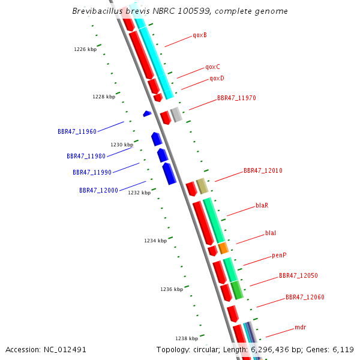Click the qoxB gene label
[200, 35]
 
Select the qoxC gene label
[212, 67]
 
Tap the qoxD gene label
[217, 79]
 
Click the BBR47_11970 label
[236, 98]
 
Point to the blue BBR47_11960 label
[77, 131]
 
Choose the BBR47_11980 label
[86, 156]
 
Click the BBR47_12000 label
[98, 190]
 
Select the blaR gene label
[262, 205]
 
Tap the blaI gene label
[271, 233]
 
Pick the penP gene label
[279, 255]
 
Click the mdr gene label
[301, 328]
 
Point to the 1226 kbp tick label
[85, 49]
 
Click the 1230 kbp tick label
[122, 145]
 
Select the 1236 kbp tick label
[172, 289]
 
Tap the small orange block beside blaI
[223, 248]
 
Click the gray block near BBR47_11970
[176, 115]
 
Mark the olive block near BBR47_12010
[202, 185]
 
